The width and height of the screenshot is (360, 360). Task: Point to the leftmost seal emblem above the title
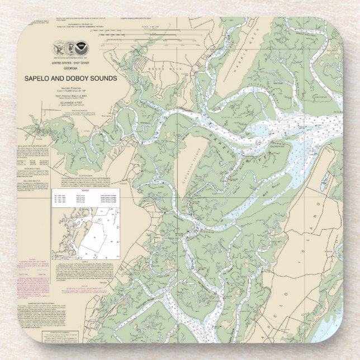[x=59, y=49]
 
